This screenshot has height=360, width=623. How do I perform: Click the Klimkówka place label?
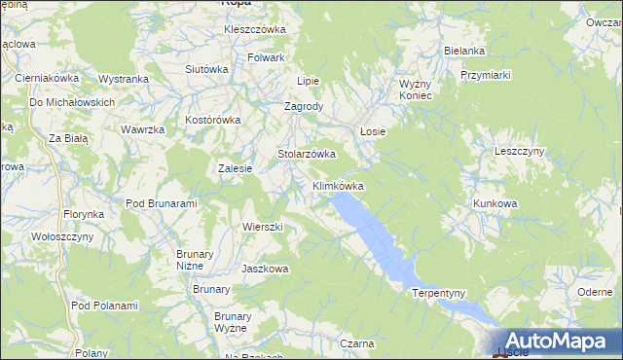coord(338,185)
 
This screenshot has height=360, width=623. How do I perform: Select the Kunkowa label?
coord(495,203)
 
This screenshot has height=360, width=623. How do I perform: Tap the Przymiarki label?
coord(486,74)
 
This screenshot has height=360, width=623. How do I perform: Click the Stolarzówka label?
coord(307,154)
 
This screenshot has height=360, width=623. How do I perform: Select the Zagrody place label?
coord(303,106)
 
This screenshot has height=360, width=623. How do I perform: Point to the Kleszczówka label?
coord(255,29)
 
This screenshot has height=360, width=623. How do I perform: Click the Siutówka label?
coord(206,69)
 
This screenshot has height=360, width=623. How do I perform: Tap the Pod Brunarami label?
coord(162,203)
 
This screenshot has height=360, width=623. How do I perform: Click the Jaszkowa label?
coord(265,269)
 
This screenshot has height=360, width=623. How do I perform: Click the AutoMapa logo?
coord(556,341)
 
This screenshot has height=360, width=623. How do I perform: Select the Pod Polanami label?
coord(104,306)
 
